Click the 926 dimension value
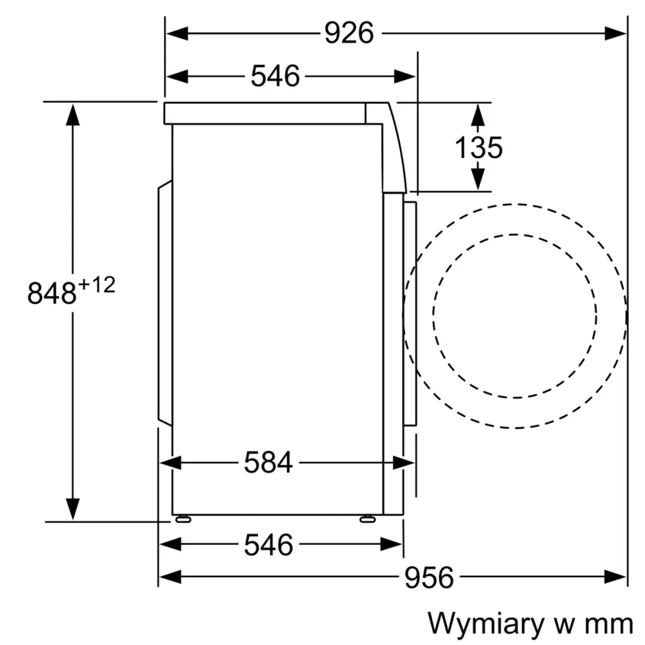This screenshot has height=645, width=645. [x=348, y=33]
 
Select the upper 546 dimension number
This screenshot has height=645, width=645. [x=275, y=76]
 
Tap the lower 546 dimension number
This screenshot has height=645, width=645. [x=268, y=546]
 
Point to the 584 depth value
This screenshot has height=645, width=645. [x=268, y=462]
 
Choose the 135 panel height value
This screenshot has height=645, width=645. [x=479, y=148]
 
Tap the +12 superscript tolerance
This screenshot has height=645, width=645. [x=97, y=284]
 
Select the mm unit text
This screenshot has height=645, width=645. [x=610, y=624]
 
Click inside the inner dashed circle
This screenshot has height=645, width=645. [x=515, y=315]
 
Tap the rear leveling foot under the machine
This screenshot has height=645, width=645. [x=183, y=518]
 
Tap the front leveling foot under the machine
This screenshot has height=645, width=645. [x=368, y=518]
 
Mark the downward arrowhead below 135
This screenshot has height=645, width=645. [x=477, y=178]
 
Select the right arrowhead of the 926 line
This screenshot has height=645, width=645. [x=615, y=33]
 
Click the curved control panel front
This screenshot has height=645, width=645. [x=395, y=148]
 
